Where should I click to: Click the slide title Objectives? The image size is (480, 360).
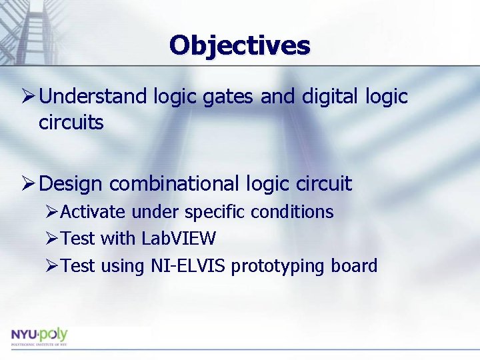click(239, 45)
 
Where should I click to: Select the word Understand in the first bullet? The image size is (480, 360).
click(93, 97)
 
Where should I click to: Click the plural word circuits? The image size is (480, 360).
click(71, 123)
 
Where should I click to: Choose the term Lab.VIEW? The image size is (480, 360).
click(179, 238)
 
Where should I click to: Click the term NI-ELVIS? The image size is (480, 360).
click(188, 265)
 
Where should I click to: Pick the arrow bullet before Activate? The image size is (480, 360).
click(52, 212)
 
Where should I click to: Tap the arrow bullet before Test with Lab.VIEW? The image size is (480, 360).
click(52, 238)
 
